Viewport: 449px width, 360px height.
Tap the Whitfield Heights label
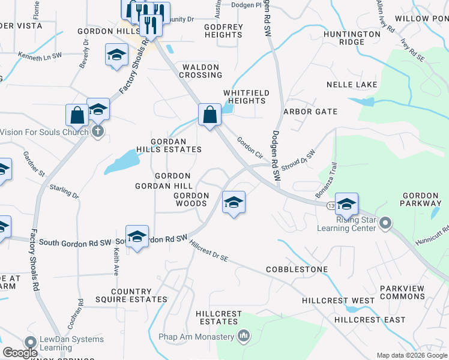[x=245, y=97]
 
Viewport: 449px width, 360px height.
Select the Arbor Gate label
[x=310, y=112]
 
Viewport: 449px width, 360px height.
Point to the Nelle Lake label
[x=352, y=85]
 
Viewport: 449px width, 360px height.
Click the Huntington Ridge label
[x=352, y=38]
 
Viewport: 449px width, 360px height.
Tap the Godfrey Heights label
[x=223, y=31]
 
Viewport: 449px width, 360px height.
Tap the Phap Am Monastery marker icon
[x=243, y=335]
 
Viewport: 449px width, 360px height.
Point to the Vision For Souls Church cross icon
[x=98, y=131]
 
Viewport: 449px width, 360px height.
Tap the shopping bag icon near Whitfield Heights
[x=209, y=113]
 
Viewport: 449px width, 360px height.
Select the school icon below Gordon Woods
[x=234, y=202]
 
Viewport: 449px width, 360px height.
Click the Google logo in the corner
[x=20, y=353]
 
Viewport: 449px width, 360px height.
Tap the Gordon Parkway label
[x=421, y=199]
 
